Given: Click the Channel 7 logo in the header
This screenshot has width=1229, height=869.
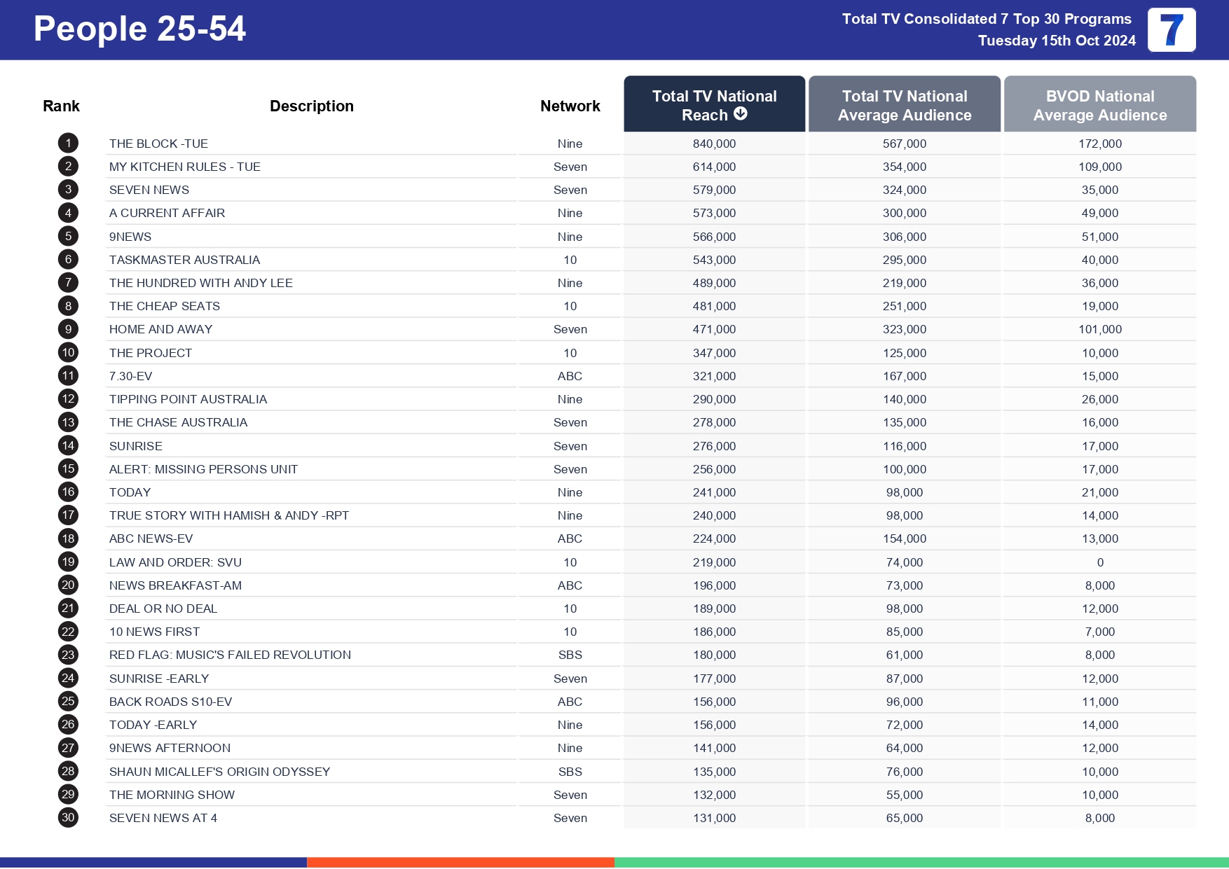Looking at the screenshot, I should coord(1171,30).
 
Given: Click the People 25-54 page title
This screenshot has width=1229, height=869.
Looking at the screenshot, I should coord(139,29).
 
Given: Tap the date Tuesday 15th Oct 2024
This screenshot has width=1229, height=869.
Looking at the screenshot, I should coord(1057,41).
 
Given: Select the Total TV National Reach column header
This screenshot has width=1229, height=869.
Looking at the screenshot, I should coord(714,104).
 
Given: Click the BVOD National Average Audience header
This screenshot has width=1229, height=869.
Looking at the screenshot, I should coord(1099,105).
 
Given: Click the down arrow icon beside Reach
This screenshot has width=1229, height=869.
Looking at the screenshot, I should coord(741,114).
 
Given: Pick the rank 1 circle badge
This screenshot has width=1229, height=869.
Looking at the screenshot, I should coord(68,144).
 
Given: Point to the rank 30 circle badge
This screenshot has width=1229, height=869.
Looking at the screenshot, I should coord(68,817).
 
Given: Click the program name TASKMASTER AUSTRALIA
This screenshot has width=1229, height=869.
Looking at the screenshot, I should coord(184,260).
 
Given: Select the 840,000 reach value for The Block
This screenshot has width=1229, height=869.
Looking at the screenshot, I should coord(714,144).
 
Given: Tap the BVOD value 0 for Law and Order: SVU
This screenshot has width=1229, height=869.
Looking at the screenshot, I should coord(1100,562).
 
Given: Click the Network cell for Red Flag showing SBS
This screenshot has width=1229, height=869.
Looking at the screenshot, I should coord(570,655).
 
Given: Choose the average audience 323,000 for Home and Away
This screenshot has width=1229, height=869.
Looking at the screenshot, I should coord(904,329).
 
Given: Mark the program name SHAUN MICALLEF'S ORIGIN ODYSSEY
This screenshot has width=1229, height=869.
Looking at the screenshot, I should coord(219,772).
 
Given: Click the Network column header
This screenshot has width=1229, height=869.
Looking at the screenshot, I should coord(570,106).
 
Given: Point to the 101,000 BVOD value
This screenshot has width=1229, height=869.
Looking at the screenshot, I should coord(1099,329).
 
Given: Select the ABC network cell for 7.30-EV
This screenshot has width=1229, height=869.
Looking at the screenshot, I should coord(570,376).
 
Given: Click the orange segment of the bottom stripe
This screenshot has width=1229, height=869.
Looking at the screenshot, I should coord(460,862).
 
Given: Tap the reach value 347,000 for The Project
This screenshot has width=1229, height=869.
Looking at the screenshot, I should coord(714,353).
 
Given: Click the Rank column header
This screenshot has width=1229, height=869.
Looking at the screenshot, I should coord(62,106).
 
